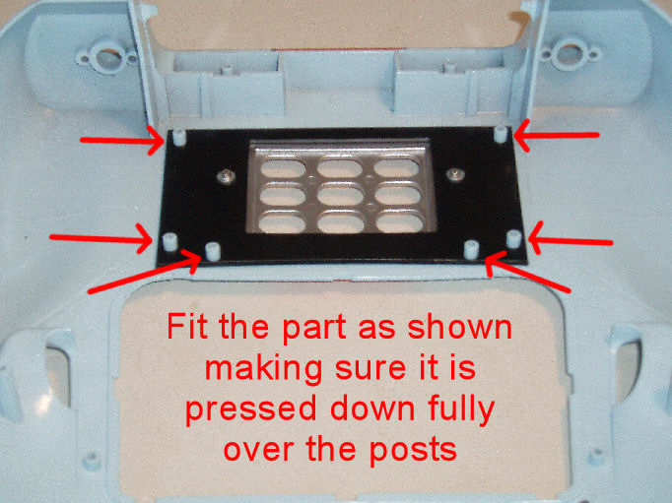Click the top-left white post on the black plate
click(x=179, y=137)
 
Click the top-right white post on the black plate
click(x=501, y=135)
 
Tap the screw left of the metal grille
click(x=226, y=176)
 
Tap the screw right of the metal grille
click(x=455, y=174)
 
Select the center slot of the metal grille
click(x=341, y=196)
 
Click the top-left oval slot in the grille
click(x=283, y=168)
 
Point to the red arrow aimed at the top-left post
click(x=122, y=141)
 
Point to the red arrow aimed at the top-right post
click(x=556, y=136)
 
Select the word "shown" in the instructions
click(x=459, y=328)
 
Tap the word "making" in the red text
click(x=263, y=369)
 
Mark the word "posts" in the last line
click(x=413, y=450)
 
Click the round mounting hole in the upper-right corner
click(x=570, y=53)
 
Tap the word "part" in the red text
click(x=314, y=329)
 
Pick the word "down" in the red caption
click(x=372, y=409)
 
